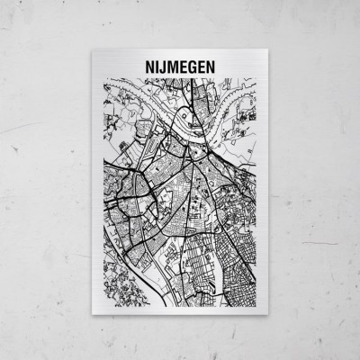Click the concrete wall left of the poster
(x=45, y=180)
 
